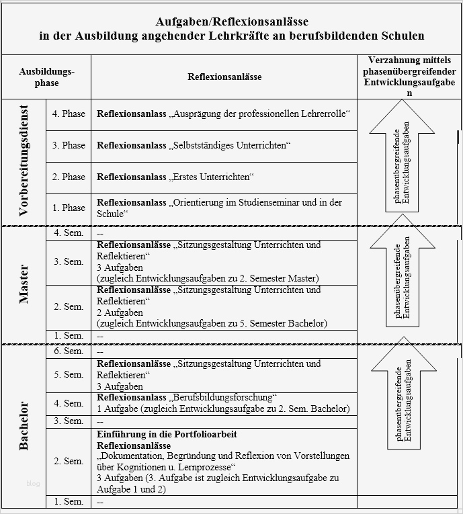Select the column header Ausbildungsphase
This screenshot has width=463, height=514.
point(47,77)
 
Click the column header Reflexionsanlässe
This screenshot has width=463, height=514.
point(224,77)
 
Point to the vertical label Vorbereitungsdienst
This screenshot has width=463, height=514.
point(24,161)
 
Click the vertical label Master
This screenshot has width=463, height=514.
point(24,285)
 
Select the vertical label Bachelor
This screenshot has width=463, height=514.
point(24,425)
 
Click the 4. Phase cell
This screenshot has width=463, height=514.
point(69,114)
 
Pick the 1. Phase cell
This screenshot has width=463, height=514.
point(69,208)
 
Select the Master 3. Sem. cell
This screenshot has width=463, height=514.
point(69,262)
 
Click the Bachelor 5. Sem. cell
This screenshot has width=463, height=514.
point(69,375)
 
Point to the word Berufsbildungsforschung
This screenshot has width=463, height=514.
point(225,398)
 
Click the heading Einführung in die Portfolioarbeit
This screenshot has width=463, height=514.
point(167,435)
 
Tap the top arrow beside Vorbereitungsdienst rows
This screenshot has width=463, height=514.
point(402,161)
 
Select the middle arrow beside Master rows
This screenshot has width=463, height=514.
point(402,282)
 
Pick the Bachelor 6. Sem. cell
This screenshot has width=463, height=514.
point(69,351)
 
